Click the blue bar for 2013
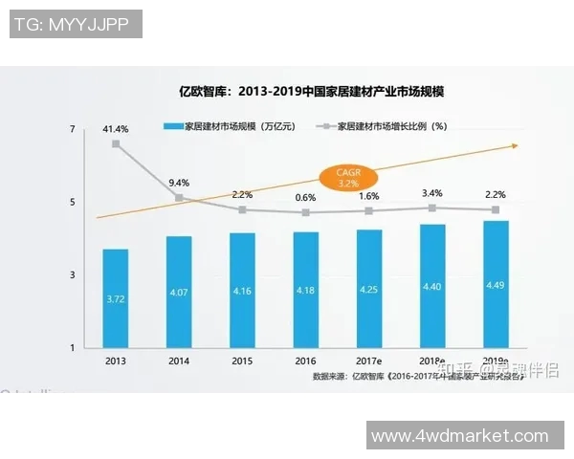pos(116,297)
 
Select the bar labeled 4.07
pos(178,292)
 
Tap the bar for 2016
pos(305,289)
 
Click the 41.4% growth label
pos(116,128)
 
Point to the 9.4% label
pos(178,182)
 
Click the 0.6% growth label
pos(305,197)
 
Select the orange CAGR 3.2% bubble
pos(347,176)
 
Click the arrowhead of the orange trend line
pos(514,146)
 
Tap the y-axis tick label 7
pos(73,129)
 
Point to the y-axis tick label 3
pos(73,274)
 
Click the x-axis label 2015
pos(242,361)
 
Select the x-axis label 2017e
pos(369,361)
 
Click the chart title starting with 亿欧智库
pos(314,93)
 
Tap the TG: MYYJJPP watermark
pos(76,24)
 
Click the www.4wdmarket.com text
pos(460,435)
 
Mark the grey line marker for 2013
pos(116,144)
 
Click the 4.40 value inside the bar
pos(432,286)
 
